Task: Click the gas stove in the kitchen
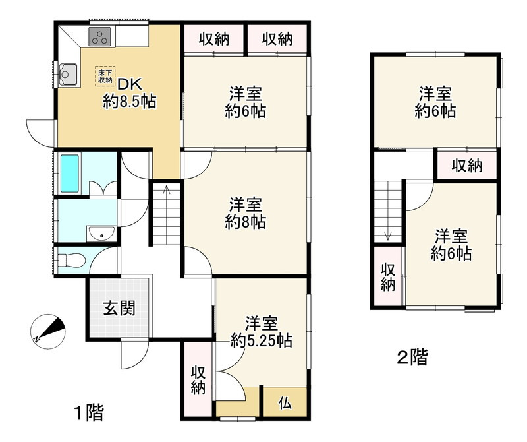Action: pyautogui.click(x=99, y=38)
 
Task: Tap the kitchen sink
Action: pyautogui.click(x=67, y=74)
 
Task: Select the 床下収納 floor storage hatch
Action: pyautogui.click(x=105, y=75)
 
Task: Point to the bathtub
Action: pyautogui.click(x=69, y=174)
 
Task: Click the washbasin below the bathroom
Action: pyautogui.click(x=101, y=233)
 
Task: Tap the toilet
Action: pyautogui.click(x=71, y=261)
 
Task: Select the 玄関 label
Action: pyautogui.click(x=119, y=308)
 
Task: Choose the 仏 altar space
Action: pyautogui.click(x=285, y=401)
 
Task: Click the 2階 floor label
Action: pyautogui.click(x=412, y=358)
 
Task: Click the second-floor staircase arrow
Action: pyautogui.click(x=389, y=234)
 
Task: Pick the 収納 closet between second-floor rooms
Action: pyautogui.click(x=466, y=165)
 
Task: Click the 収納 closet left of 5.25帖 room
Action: pyautogui.click(x=197, y=379)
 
